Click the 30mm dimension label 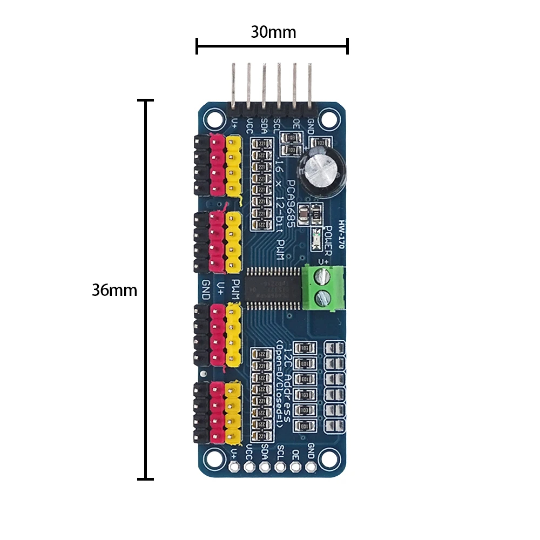coord(273,32)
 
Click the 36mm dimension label coord(114,290)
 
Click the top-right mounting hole coord(328,117)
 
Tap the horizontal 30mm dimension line coord(272,46)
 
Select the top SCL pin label coord(278,127)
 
